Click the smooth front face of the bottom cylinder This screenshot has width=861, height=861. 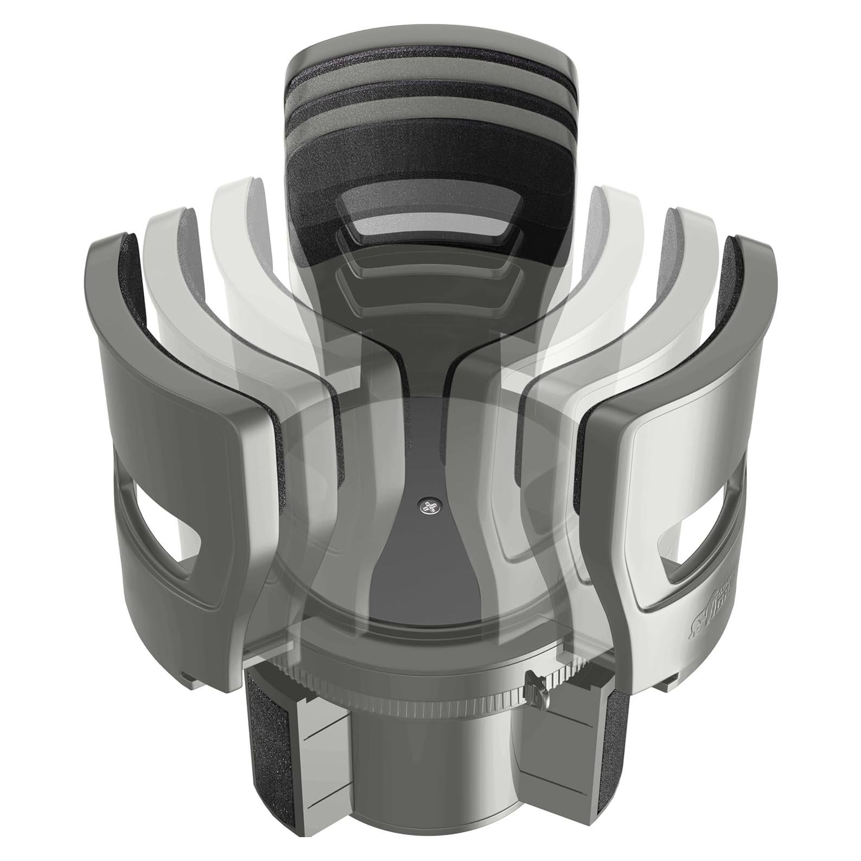tap(429, 770)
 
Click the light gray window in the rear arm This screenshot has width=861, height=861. tap(429, 222)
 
